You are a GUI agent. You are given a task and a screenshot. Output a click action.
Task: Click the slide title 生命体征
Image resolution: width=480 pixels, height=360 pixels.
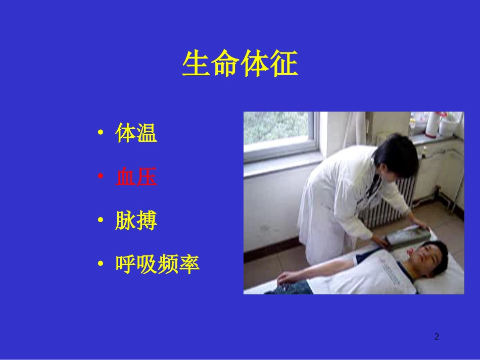240,65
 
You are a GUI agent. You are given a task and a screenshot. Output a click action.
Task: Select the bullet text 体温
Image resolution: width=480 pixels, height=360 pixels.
136,133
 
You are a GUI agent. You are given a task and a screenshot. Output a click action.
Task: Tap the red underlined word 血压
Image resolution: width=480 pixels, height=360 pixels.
136,177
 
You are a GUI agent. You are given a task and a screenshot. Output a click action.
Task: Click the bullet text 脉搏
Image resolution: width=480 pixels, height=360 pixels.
136,221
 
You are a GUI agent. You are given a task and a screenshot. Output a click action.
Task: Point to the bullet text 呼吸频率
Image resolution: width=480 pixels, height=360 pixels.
158,264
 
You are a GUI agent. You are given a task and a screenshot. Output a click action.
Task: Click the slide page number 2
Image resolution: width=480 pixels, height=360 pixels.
437,337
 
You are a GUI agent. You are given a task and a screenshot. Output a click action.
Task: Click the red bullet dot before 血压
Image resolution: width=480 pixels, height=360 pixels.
101,177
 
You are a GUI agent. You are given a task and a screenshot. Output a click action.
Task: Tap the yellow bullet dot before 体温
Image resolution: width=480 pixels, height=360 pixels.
101,134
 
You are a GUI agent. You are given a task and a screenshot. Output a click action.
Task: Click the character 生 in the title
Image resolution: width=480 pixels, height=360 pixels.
196,65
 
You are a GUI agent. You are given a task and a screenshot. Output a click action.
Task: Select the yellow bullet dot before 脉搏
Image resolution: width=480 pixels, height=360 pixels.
101,221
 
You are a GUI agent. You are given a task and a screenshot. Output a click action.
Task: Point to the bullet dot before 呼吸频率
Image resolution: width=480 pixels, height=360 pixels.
101,265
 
